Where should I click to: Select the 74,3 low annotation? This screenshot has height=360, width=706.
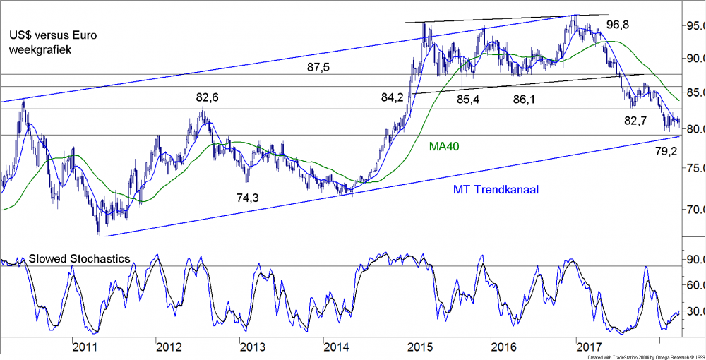(248, 198)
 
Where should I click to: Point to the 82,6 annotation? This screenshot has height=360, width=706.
(208, 97)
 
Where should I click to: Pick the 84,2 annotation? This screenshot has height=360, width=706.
(393, 98)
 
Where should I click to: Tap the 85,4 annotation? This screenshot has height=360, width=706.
(468, 100)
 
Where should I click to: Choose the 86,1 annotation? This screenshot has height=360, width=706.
(523, 100)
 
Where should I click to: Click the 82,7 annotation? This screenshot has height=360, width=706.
(635, 121)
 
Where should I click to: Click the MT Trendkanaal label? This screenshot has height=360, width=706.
(496, 190)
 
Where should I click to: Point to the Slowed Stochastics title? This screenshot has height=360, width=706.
(78, 259)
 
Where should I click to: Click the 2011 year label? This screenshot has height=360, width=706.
(85, 347)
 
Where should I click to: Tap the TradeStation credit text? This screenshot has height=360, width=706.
(642, 357)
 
